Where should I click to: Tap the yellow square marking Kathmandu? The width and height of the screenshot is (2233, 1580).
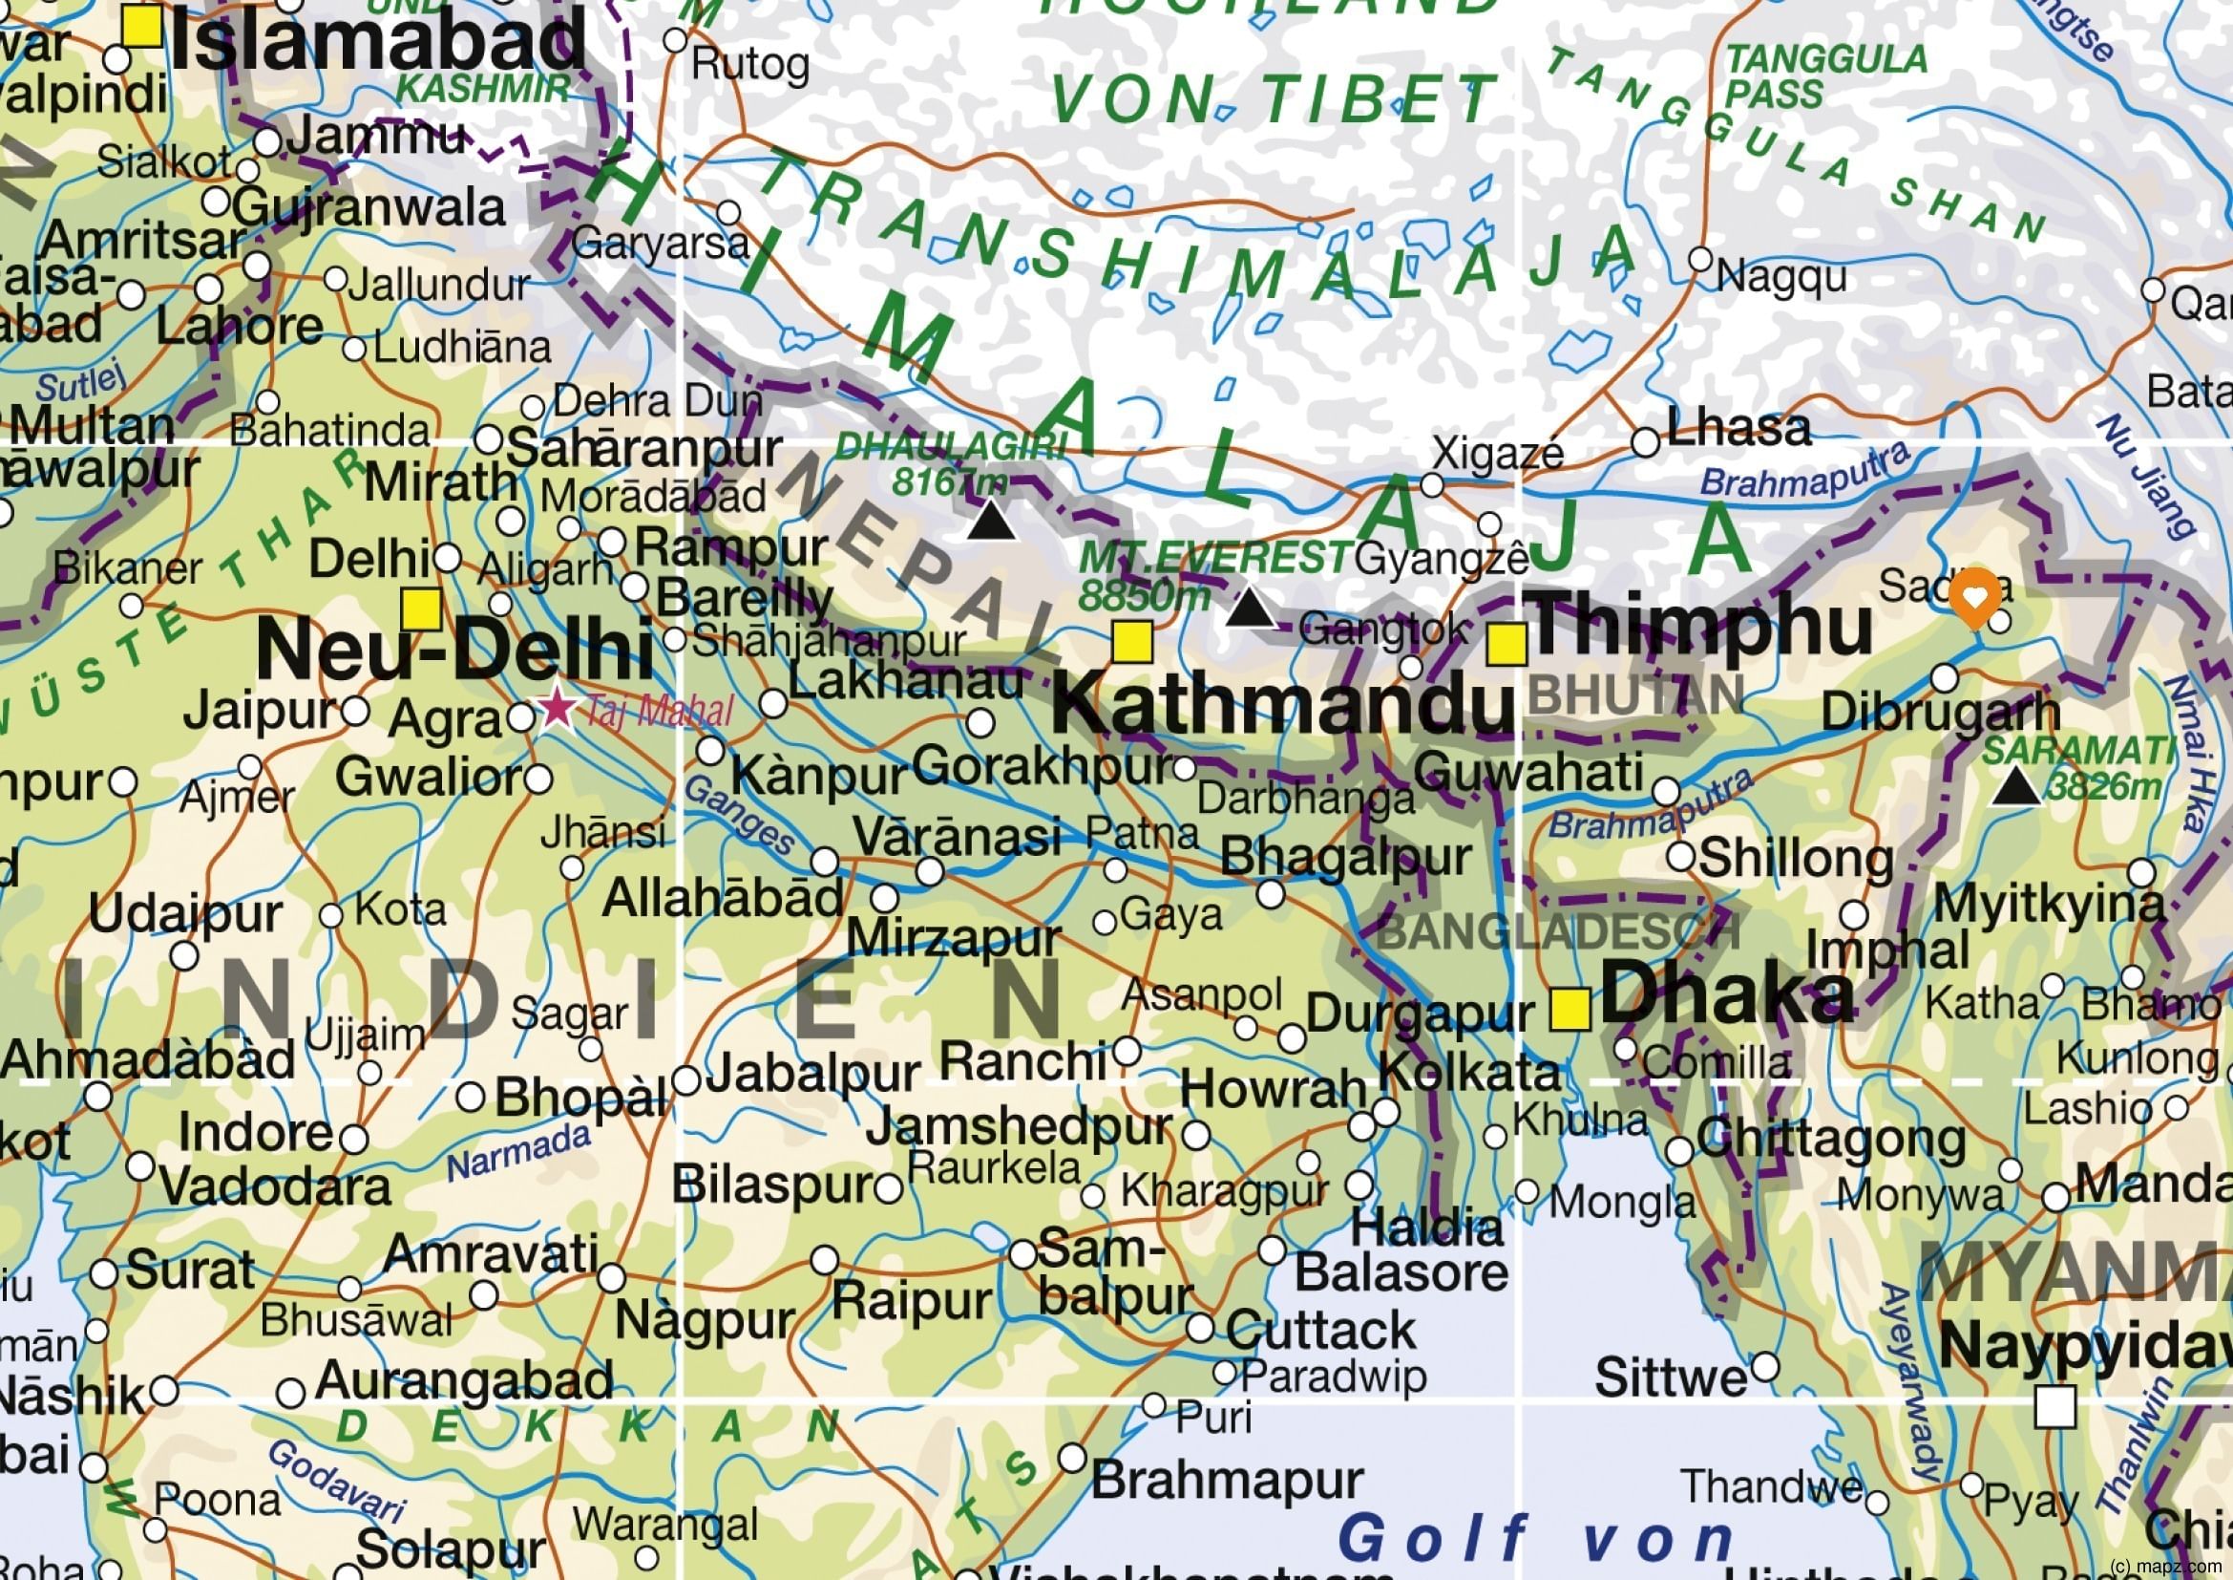(x=1133, y=642)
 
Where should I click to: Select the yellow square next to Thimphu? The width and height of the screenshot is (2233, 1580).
(x=1506, y=644)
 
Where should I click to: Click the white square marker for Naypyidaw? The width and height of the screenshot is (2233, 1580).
(x=2055, y=1407)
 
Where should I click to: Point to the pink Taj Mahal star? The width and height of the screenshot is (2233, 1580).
(x=558, y=706)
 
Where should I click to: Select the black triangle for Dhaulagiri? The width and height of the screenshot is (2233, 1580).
(x=992, y=521)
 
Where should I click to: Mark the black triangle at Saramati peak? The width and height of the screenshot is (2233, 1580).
(x=2016, y=786)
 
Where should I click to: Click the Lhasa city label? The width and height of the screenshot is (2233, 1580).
(x=1738, y=428)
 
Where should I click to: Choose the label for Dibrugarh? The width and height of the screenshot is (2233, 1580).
(x=1940, y=713)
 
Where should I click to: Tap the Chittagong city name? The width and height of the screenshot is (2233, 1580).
(x=1831, y=1140)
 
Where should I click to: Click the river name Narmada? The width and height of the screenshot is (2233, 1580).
(x=518, y=1153)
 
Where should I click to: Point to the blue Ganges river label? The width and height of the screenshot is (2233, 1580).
(x=740, y=815)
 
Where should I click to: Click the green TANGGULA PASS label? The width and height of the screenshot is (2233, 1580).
(x=1825, y=76)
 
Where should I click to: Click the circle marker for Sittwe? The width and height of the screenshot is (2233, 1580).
(x=1765, y=1367)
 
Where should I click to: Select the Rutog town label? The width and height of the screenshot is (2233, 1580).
(x=749, y=65)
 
